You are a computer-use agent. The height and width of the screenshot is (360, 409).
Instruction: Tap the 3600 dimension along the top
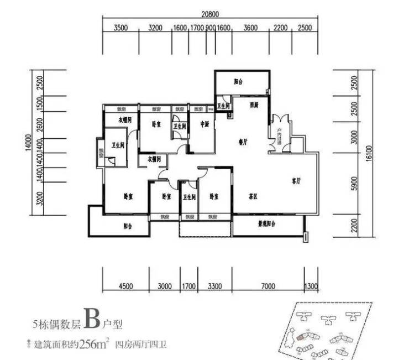tap(251, 28)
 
